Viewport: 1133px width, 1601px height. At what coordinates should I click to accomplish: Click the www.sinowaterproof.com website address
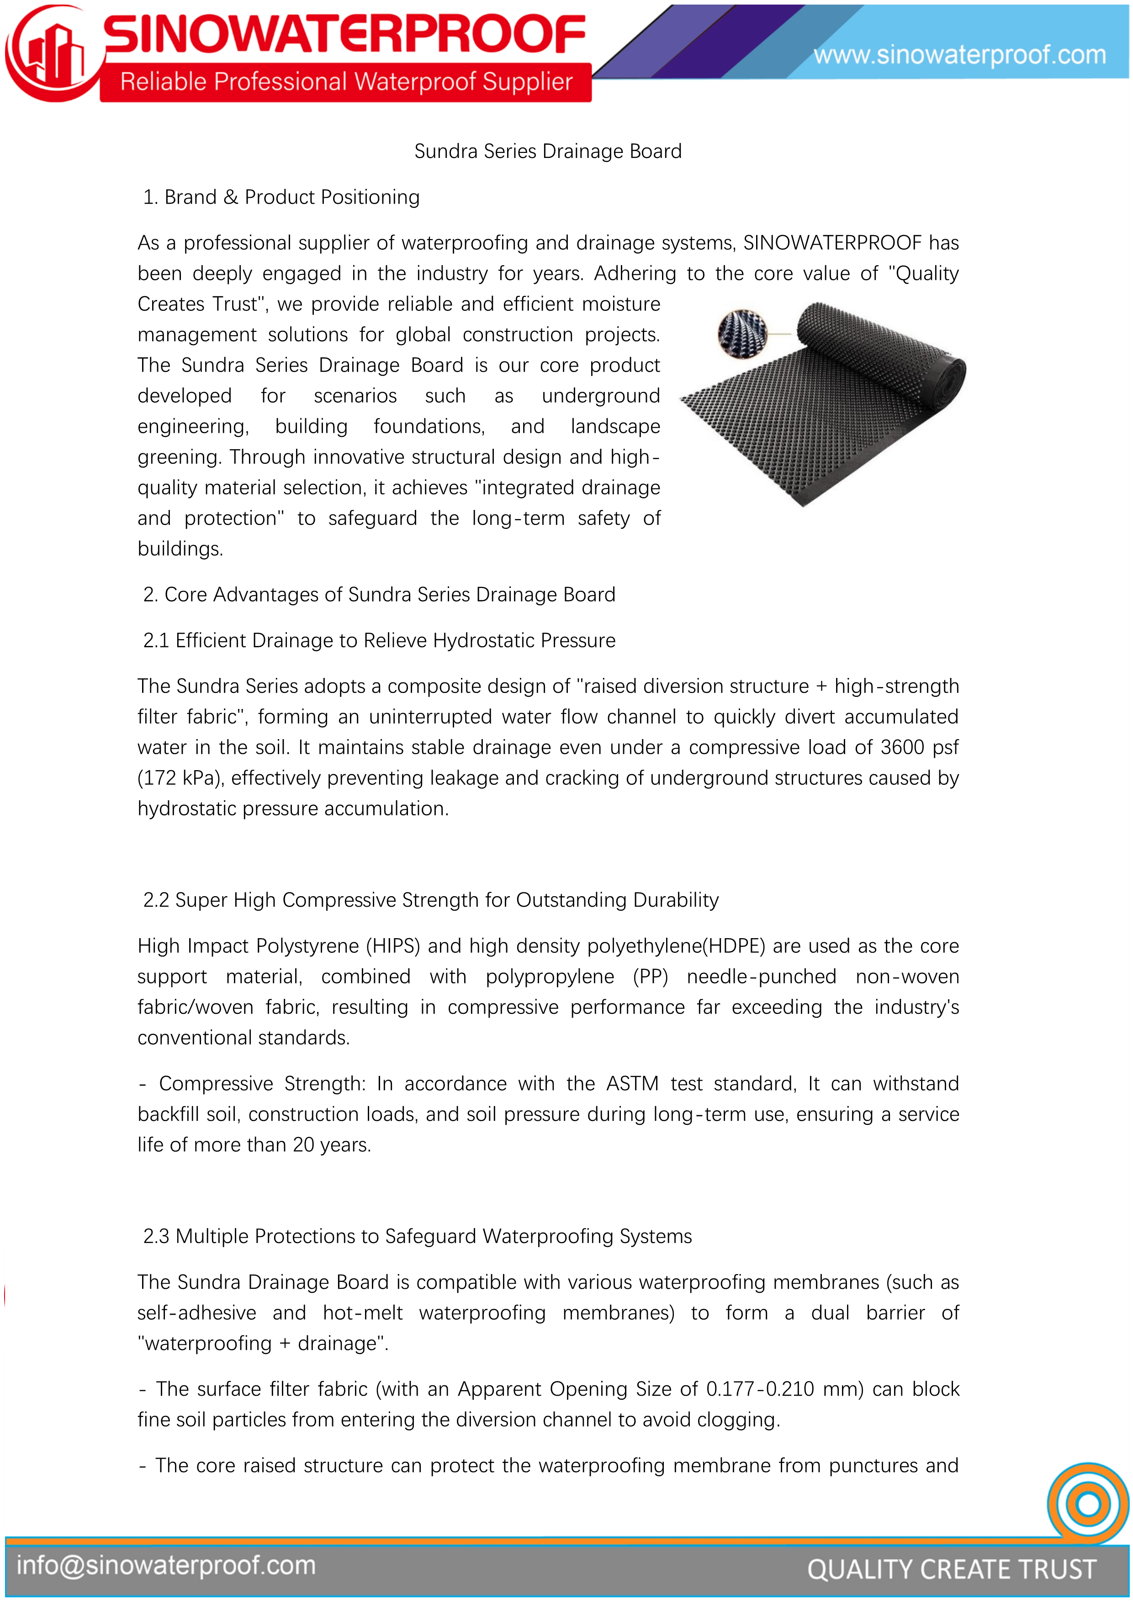[x=959, y=54]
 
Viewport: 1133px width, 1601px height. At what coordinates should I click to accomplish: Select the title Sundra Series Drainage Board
[x=548, y=151]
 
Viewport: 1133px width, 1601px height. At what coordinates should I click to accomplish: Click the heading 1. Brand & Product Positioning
[x=281, y=197]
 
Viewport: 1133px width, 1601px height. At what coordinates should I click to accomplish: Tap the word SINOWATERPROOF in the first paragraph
[x=832, y=243]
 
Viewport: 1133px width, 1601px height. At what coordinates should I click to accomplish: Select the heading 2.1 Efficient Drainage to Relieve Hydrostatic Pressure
[x=379, y=640]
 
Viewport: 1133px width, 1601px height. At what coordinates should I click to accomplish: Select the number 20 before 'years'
[x=303, y=1145]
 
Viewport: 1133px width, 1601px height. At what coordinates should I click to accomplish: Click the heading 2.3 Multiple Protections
[x=417, y=1236]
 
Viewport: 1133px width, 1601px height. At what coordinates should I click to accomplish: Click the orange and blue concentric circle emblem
[x=1088, y=1504]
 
